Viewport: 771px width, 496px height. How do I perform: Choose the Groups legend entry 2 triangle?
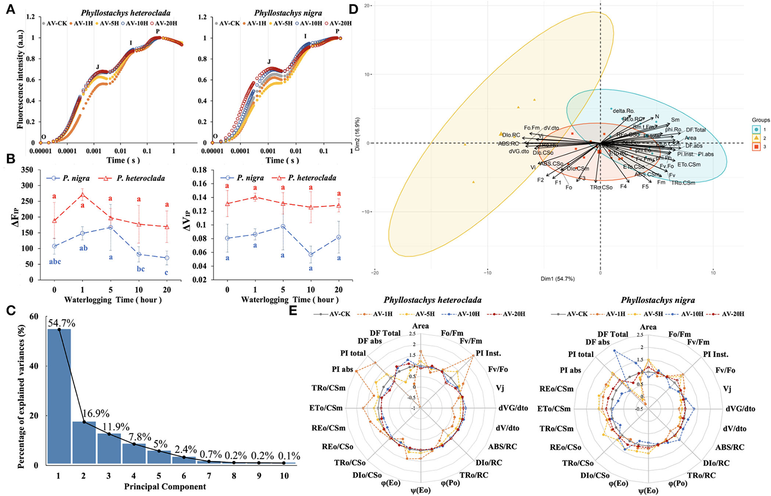(x=757, y=138)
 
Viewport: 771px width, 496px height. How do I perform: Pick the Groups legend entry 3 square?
(x=757, y=147)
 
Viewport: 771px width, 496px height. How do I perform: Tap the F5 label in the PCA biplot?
(x=645, y=187)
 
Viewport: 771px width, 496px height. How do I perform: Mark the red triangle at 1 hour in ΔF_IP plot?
(x=82, y=194)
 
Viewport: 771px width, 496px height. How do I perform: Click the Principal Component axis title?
(x=165, y=486)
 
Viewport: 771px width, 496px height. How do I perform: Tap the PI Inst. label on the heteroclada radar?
(x=488, y=353)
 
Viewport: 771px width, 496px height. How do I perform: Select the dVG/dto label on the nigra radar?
(x=741, y=409)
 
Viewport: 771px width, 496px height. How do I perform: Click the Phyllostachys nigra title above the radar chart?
(x=657, y=300)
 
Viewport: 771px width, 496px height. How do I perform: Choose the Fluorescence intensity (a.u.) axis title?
(x=20, y=76)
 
